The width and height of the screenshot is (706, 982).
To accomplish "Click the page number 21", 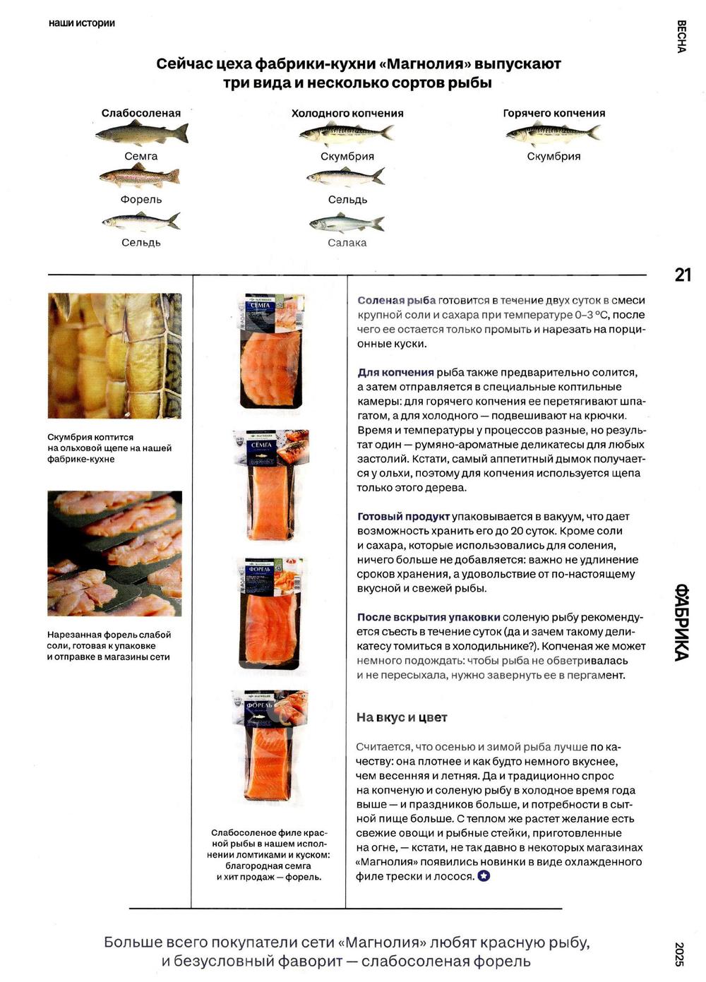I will (683, 275).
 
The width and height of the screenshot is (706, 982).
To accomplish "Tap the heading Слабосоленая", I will (141, 113).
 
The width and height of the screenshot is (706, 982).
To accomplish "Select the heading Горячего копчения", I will (554, 113).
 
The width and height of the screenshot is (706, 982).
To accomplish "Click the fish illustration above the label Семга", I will (141, 133).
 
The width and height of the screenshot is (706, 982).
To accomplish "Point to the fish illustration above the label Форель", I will (140, 176).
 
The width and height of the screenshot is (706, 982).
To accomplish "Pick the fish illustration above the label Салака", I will (347, 224).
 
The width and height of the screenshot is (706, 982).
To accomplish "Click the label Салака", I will (347, 243).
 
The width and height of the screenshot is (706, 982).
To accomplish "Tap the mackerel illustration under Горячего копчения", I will (553, 133).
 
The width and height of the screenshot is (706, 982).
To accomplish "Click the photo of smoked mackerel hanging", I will (114, 356).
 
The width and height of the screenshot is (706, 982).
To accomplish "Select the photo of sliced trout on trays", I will (114, 553).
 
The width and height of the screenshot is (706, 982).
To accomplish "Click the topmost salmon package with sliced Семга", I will (272, 351).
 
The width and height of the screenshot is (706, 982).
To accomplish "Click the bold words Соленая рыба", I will (396, 301).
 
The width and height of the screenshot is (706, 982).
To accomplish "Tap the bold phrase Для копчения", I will (395, 373).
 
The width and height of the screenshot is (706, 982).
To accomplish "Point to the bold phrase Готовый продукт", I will (403, 517).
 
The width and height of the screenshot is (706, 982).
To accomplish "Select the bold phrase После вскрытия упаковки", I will (429, 617).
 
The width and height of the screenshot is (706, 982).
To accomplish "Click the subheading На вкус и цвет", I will (402, 717).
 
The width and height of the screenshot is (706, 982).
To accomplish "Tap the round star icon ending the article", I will (484, 876).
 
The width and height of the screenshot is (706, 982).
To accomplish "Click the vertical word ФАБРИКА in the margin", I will (681, 622).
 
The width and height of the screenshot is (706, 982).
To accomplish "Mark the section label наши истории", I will (82, 23).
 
